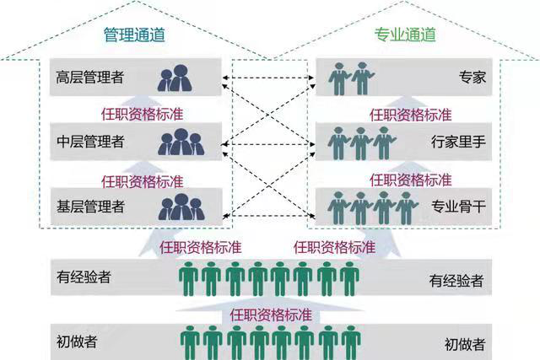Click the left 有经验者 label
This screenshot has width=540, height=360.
(84, 277)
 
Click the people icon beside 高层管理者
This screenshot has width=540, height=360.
(179, 78)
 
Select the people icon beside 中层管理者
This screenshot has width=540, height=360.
(181, 141)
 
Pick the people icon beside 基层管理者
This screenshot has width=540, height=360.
(181, 205)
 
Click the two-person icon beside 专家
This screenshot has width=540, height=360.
(351, 78)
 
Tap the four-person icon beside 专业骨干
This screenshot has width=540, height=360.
(373, 205)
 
